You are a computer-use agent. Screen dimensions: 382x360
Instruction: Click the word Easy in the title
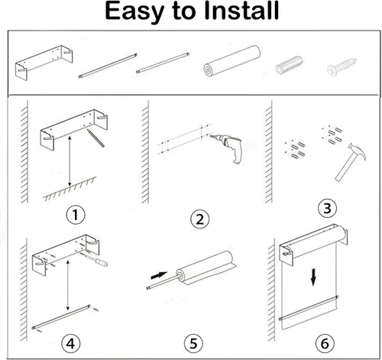[x=134, y=12]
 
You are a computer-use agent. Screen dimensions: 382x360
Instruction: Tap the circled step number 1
[x=76, y=215]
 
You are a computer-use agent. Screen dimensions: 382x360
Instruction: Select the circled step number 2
[x=200, y=219]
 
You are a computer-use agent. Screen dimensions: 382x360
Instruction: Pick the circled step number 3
[x=327, y=208]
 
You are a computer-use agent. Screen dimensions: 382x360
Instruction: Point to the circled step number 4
[x=71, y=343]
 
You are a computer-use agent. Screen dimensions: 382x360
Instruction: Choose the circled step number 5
[x=193, y=343]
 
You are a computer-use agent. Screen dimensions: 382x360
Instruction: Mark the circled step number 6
[x=325, y=343]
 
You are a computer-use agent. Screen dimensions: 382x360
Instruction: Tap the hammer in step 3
[x=351, y=161]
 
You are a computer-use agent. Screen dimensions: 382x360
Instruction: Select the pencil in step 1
[x=95, y=138]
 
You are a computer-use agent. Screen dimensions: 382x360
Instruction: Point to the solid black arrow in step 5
[x=159, y=275]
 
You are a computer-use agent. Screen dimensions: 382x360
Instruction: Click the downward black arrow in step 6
[x=313, y=277]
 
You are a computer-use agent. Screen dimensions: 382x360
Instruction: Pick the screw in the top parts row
[x=342, y=66]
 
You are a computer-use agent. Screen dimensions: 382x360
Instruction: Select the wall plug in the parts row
[x=290, y=65]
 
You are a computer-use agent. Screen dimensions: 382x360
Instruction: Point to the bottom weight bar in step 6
[x=309, y=308]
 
